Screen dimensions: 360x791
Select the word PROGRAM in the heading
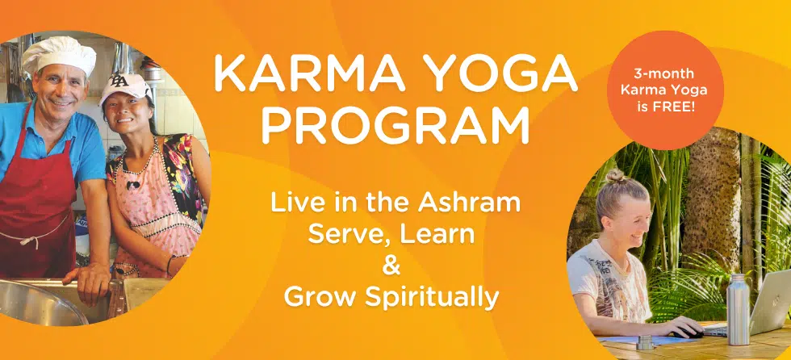[395, 126]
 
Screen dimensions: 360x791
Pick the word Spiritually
[440, 297]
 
